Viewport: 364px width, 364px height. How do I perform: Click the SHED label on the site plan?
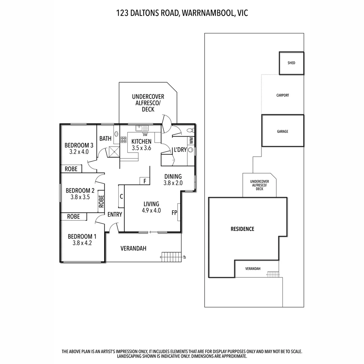click(291, 63)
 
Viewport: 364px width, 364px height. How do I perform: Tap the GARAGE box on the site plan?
click(282, 131)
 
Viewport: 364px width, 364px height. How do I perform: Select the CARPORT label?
click(282, 95)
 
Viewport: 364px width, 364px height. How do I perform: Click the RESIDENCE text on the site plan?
click(242, 229)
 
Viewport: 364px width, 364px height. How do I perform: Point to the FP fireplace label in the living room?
click(174, 213)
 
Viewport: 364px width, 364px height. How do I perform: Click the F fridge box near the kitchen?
click(145, 181)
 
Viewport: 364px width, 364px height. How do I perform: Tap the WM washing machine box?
click(191, 140)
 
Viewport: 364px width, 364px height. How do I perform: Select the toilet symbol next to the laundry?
click(189, 130)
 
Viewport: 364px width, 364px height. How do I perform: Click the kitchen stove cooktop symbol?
click(123, 140)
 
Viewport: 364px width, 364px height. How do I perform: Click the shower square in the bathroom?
click(114, 152)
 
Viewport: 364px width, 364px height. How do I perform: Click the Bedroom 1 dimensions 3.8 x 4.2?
click(82, 243)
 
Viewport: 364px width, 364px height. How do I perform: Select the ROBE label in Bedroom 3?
click(71, 169)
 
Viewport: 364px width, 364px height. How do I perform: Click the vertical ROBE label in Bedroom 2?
click(101, 201)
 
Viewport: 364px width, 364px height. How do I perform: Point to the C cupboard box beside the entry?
click(121, 196)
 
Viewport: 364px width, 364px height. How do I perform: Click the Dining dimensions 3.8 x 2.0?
click(173, 183)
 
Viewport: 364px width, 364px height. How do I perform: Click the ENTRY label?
click(115, 214)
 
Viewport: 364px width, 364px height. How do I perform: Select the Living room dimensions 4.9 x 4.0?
click(151, 211)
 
